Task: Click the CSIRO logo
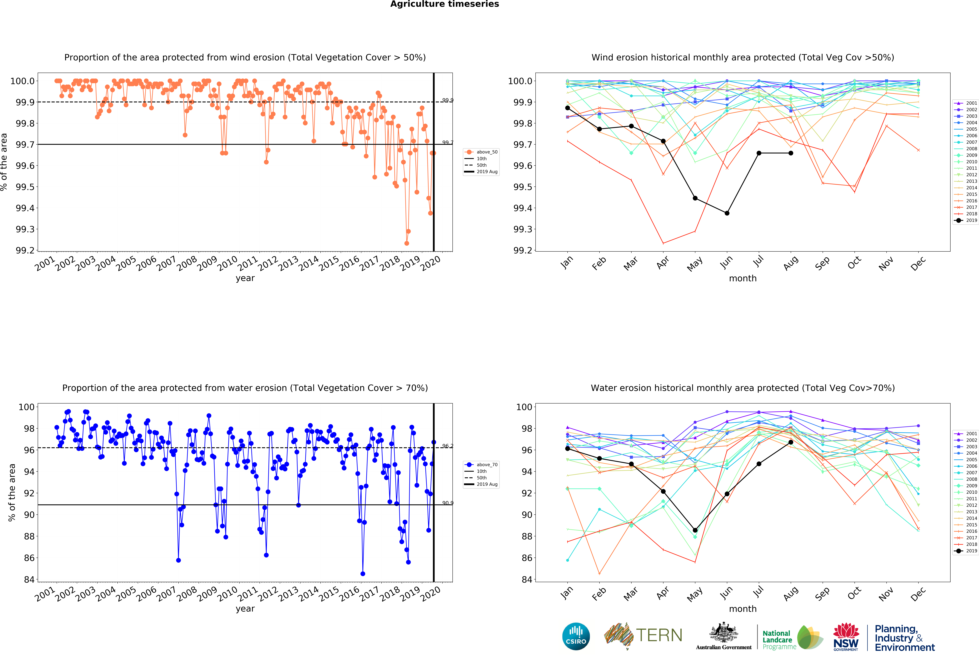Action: (x=576, y=636)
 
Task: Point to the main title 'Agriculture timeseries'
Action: (x=444, y=4)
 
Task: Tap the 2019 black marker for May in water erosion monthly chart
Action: (x=695, y=530)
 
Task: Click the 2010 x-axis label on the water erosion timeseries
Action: (x=227, y=594)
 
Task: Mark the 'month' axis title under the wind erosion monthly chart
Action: (x=743, y=279)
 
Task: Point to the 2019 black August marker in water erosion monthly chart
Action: (x=791, y=442)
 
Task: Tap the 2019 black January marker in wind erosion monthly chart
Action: (x=567, y=108)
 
